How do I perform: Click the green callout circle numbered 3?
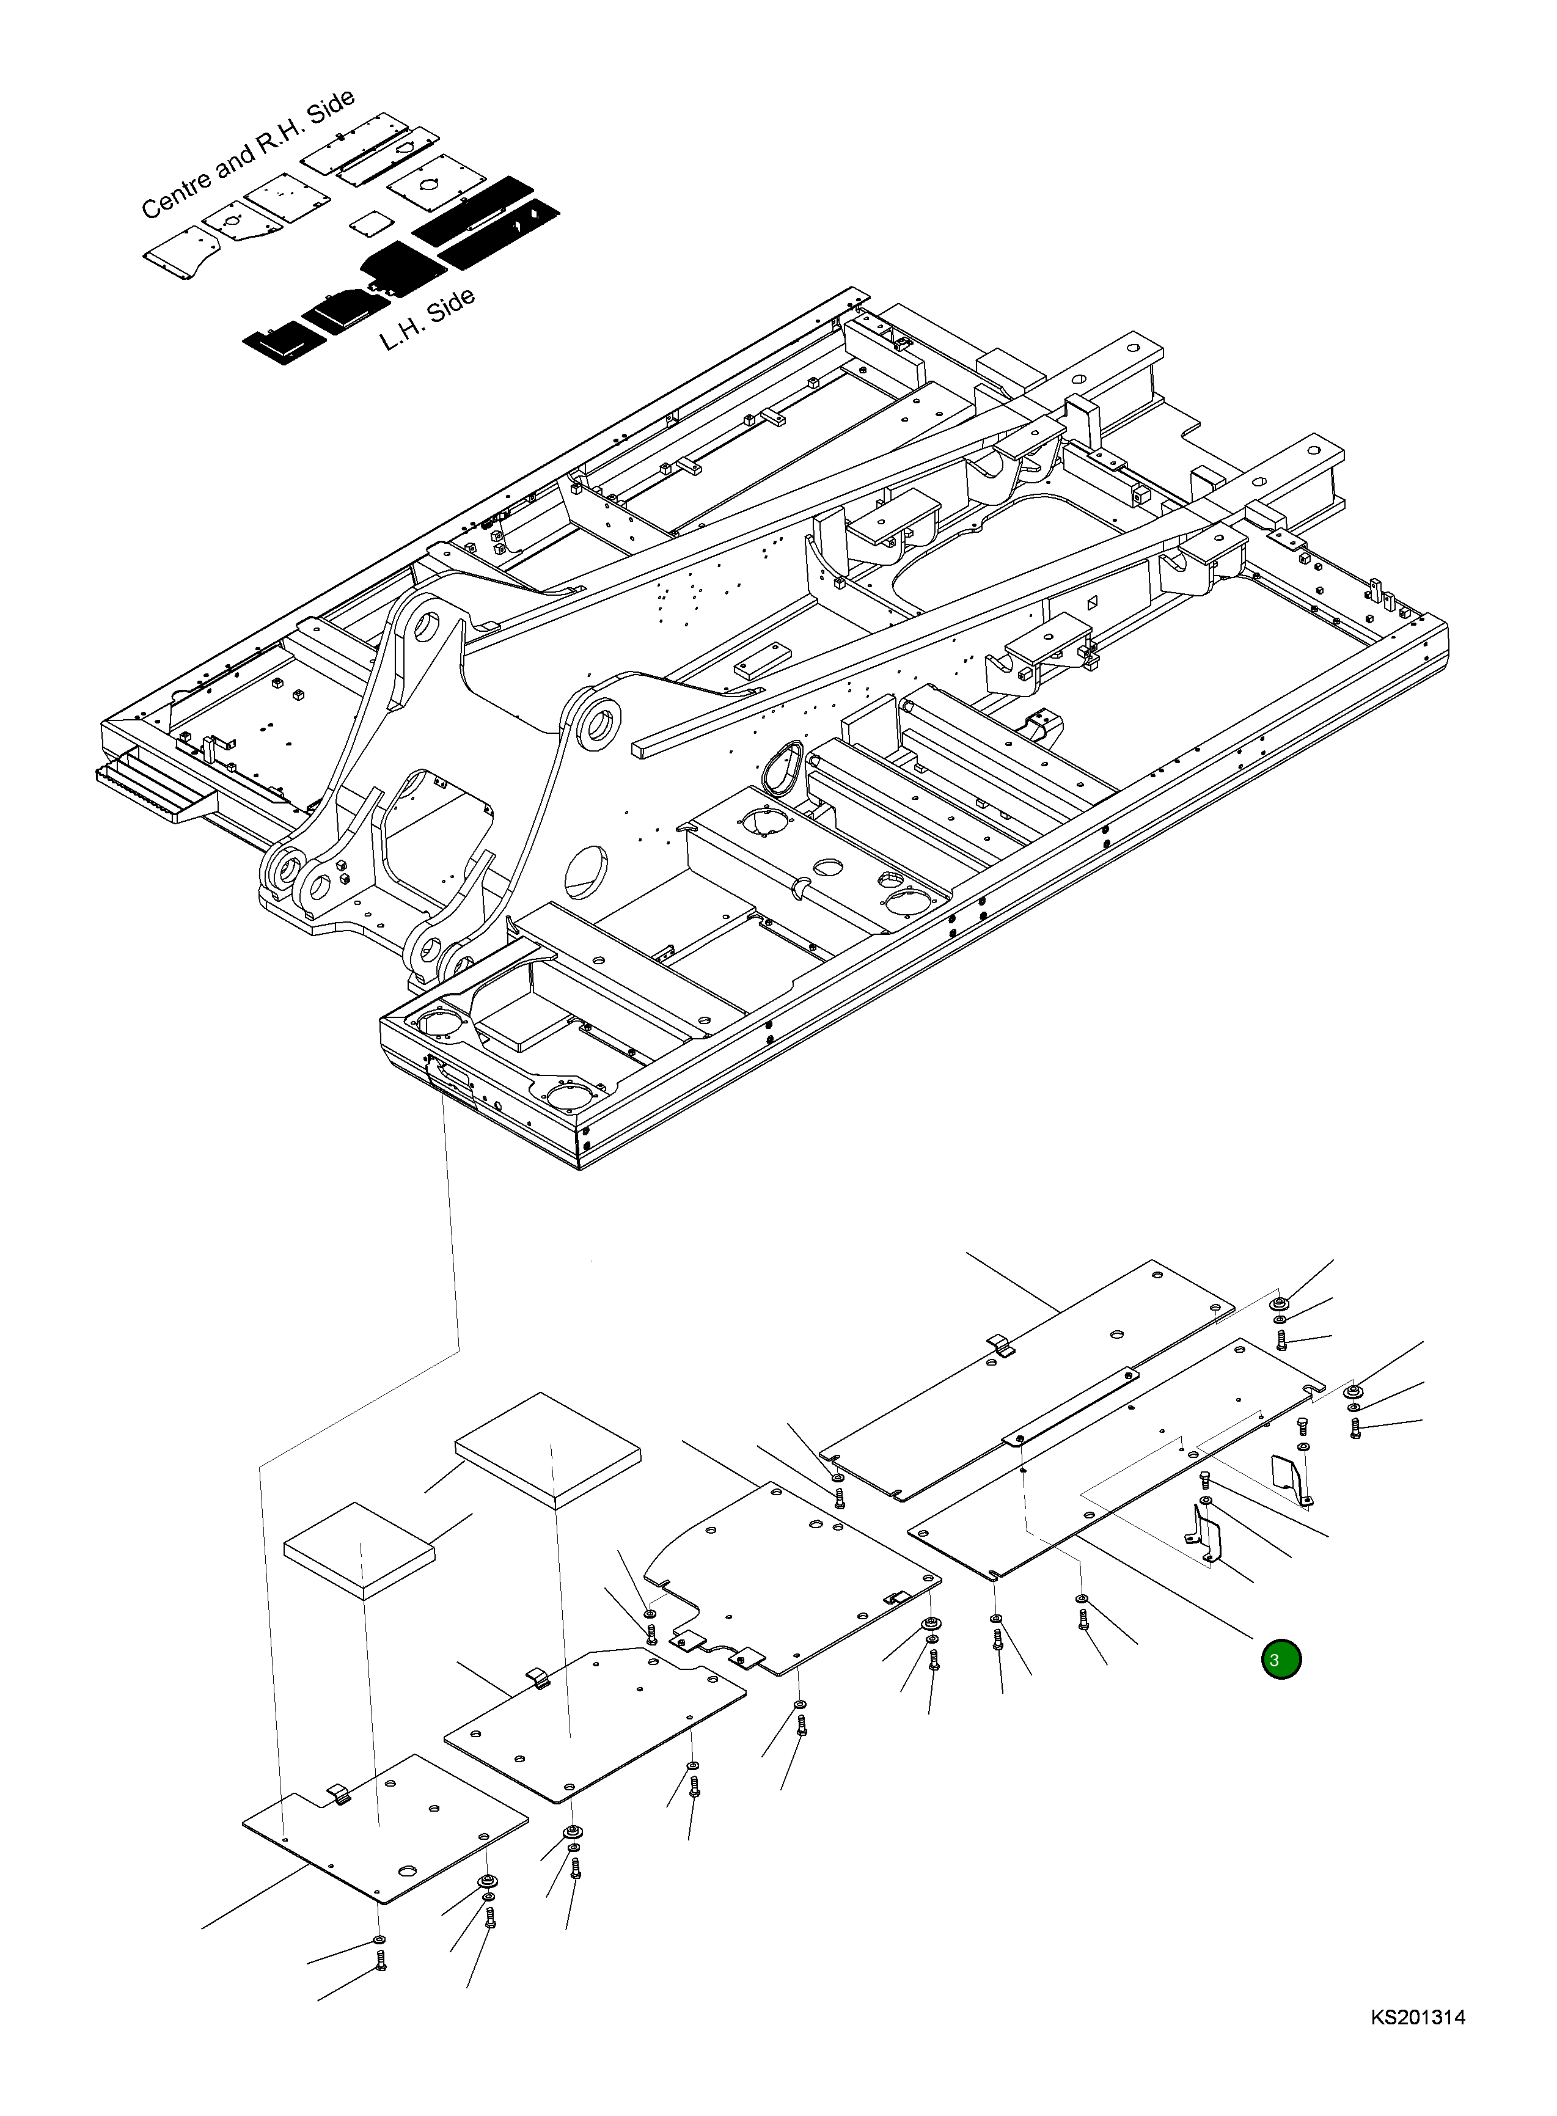point(1281,1660)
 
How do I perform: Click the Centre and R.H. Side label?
point(247,153)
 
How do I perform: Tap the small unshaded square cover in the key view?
point(370,224)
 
